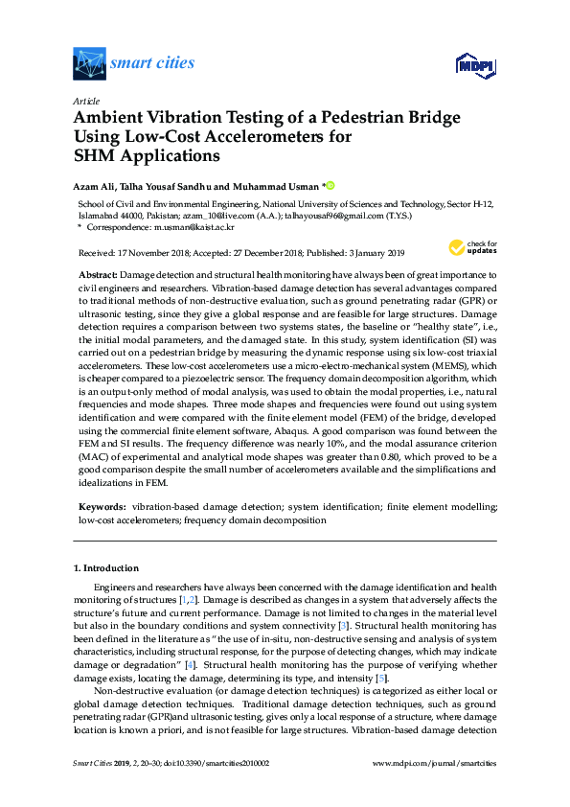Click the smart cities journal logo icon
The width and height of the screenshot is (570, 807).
coord(89,63)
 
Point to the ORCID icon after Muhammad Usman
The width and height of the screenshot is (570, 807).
coord(331,186)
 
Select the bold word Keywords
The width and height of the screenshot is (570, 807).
coord(101,504)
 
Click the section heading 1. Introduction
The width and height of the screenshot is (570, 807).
coord(107,568)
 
